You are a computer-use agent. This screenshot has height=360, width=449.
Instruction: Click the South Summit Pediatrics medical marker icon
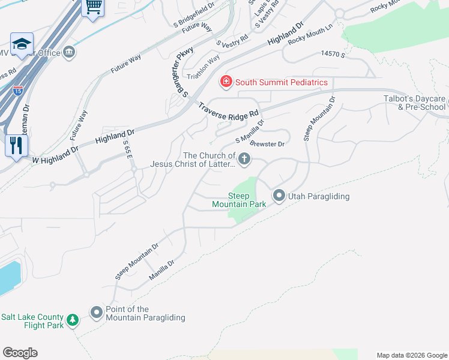226,82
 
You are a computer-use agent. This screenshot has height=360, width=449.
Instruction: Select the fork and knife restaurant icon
16,145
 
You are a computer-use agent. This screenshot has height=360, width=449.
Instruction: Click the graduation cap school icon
22,44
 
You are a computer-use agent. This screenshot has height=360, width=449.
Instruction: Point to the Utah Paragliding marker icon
279,196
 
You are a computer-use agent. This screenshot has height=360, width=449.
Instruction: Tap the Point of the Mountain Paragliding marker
97,313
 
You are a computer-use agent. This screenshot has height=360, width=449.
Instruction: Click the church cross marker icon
244,159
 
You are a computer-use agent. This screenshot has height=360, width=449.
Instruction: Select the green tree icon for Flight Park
73,320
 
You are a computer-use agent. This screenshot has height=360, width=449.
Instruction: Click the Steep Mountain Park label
239,200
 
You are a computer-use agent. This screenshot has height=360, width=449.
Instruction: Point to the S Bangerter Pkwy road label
182,73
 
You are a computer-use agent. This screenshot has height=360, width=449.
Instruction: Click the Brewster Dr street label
267,144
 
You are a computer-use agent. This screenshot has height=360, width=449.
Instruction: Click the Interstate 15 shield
18,91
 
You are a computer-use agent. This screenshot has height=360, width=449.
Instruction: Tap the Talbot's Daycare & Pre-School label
414,103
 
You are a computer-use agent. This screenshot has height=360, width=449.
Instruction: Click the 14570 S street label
333,55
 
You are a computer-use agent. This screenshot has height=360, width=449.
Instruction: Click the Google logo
20,353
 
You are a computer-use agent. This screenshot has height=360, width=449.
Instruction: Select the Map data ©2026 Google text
411,355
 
